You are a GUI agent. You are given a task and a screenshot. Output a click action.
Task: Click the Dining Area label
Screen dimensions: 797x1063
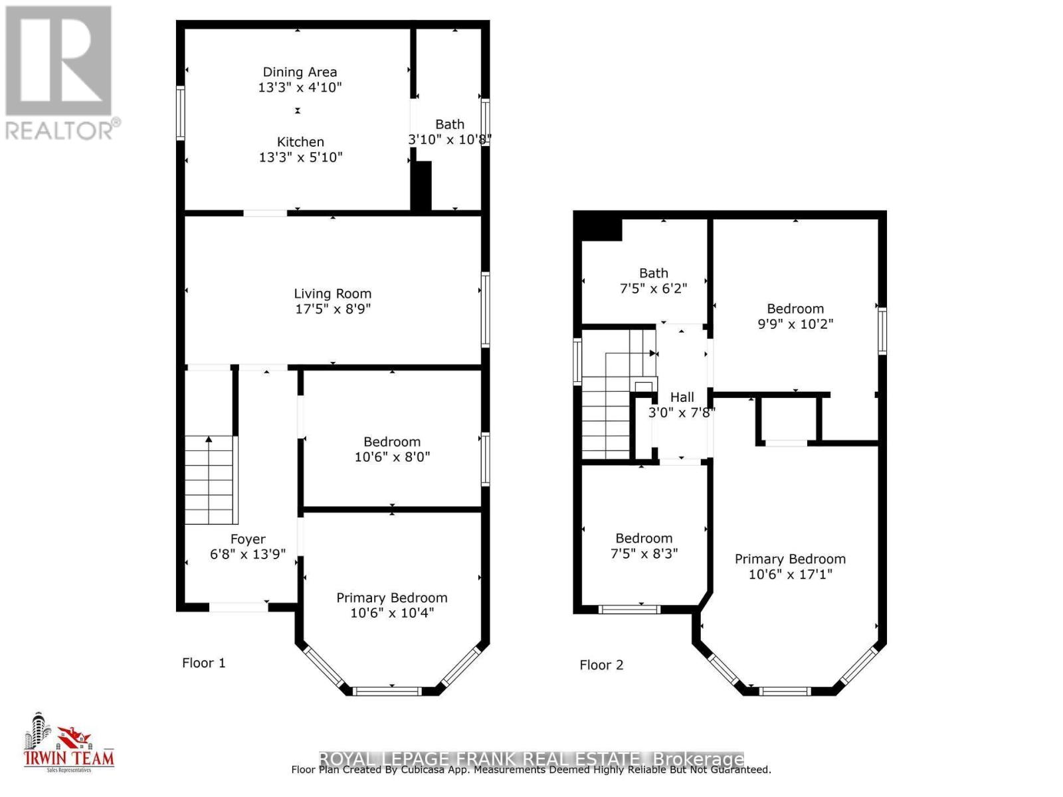300,72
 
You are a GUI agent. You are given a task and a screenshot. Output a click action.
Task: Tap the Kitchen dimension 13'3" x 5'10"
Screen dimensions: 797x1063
300,157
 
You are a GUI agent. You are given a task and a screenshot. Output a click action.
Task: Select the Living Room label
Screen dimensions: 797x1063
332,294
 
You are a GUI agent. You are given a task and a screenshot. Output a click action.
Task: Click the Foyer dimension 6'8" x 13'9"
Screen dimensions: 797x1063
248,555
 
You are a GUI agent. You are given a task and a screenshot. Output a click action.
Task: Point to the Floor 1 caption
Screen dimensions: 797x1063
203,663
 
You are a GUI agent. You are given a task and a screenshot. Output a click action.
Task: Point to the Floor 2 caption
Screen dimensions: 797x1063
601,665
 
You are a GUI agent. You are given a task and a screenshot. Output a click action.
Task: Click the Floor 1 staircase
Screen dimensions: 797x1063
211,480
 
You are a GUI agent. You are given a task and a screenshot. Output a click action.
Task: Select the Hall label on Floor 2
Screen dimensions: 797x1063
682,397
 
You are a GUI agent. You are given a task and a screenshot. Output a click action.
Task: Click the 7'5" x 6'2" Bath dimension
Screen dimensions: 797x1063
653,289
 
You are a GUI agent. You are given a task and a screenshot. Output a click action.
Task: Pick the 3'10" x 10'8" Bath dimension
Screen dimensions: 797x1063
449,139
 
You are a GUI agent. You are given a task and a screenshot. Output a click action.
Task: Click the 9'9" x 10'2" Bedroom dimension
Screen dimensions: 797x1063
795,324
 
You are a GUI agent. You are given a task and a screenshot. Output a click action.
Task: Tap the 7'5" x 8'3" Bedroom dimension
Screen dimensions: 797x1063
644,554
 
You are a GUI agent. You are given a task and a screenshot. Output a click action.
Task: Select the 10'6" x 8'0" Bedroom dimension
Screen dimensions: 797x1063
392,457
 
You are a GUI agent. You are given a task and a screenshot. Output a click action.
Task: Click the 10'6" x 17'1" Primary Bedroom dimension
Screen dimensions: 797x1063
790,575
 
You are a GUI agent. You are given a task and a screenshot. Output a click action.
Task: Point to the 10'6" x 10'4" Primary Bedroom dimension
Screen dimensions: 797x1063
392,613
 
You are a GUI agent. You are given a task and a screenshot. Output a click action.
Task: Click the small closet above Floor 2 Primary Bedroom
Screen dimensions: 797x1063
787,418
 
